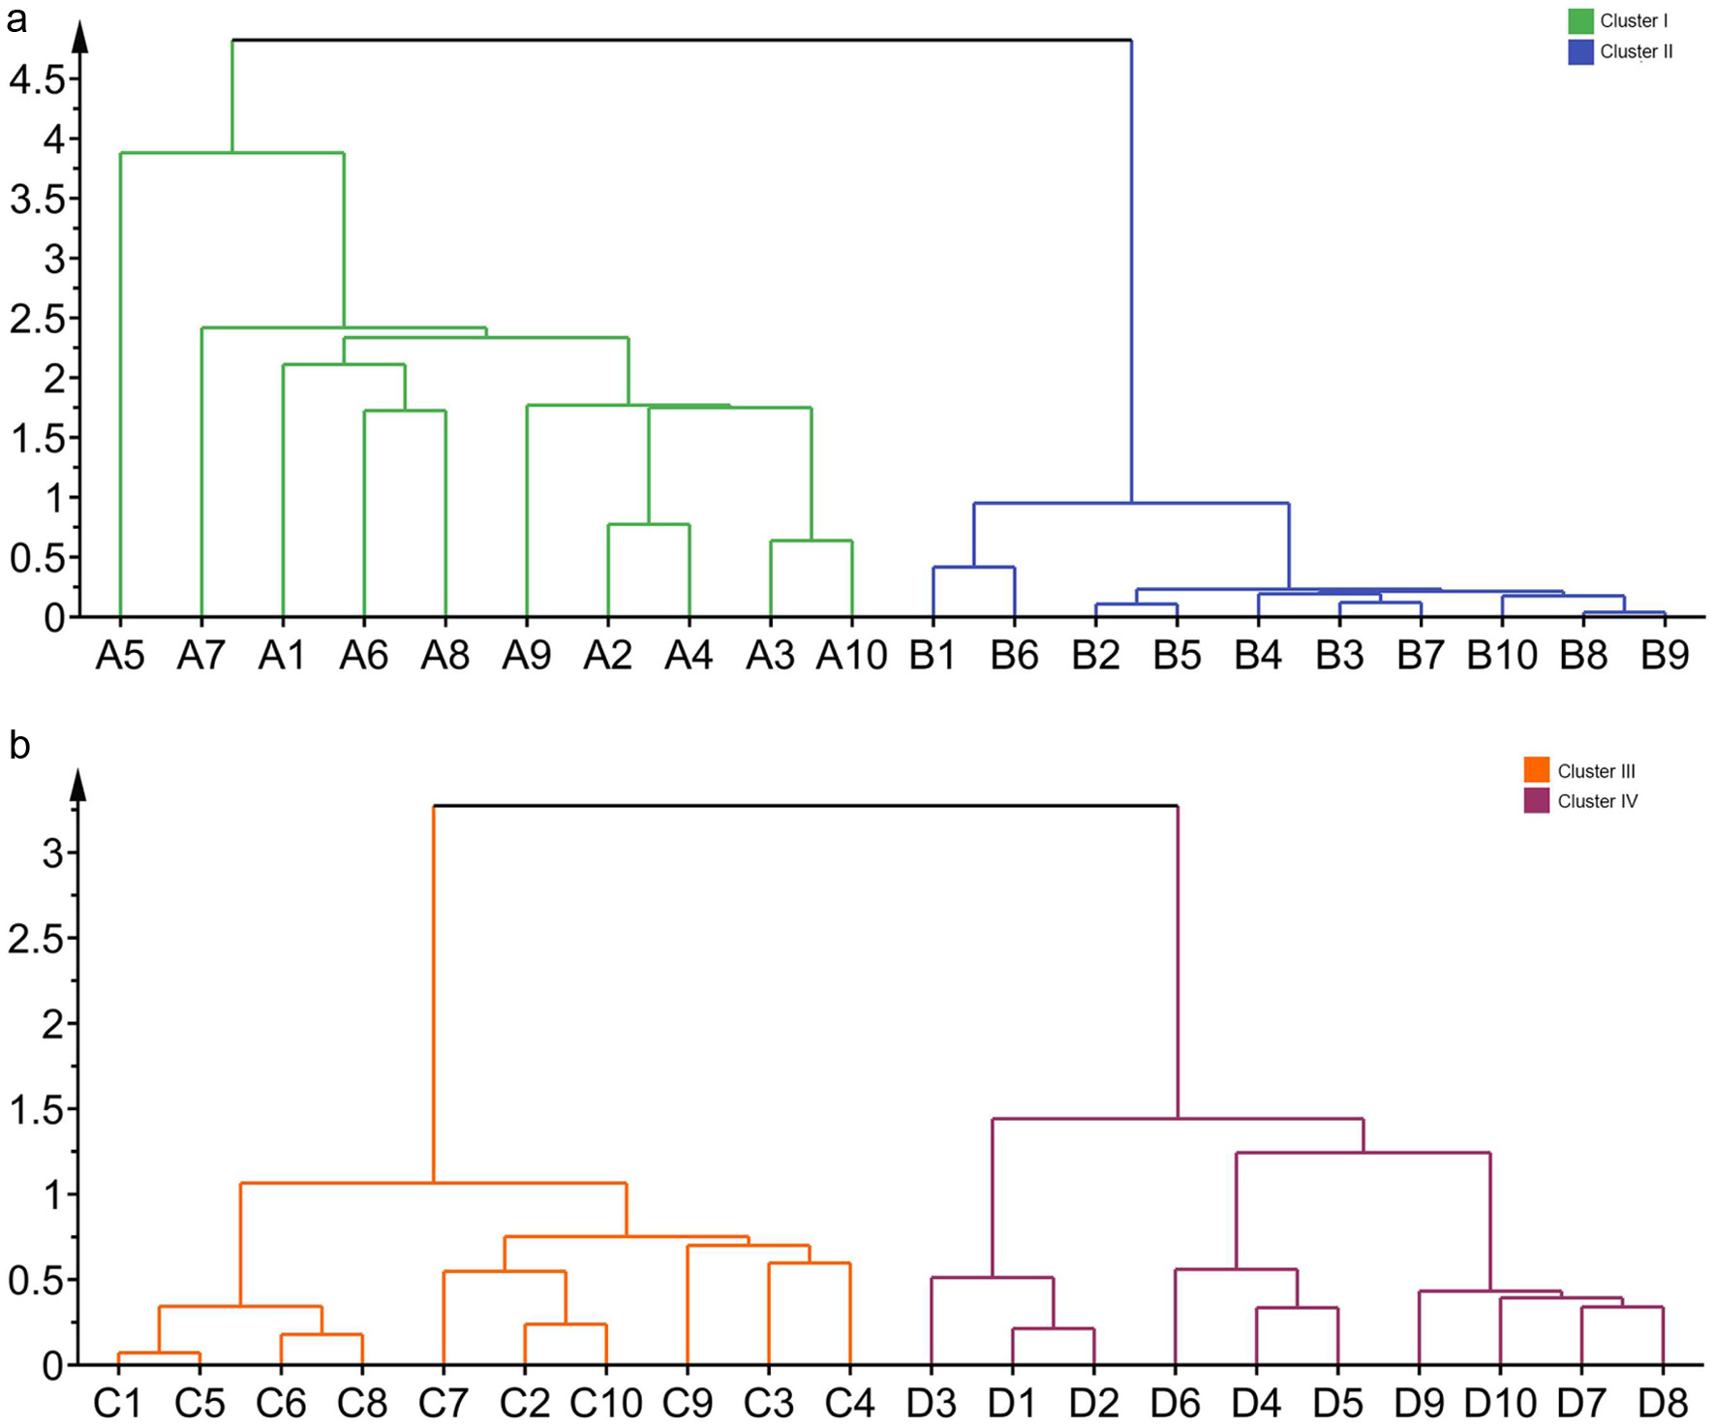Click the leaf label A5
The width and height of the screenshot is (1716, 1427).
coord(120,657)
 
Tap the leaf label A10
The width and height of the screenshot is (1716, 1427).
coord(851,657)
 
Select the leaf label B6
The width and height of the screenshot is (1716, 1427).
coord(1014,657)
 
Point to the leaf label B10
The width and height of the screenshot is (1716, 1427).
coord(1501,657)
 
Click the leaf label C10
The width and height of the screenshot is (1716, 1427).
coord(605,1403)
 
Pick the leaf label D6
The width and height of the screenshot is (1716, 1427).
coord(1175,1403)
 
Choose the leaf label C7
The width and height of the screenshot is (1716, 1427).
coord(443,1403)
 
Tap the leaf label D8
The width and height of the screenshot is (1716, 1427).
coord(1662,1403)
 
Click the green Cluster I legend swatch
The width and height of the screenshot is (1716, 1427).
coord(1580,21)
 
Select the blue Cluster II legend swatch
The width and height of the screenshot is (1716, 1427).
coord(1580,51)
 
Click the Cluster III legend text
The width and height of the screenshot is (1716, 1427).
coord(1596,771)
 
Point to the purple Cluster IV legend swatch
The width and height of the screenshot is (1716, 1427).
coord(1536,800)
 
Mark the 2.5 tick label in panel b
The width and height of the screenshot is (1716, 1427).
coord(37,939)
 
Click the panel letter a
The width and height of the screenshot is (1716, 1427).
coord(16,18)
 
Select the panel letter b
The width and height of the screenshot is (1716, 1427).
coord(18,745)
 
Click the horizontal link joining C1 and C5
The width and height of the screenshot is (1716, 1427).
coord(159,1352)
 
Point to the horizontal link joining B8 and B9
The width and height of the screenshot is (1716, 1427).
coord(1624,612)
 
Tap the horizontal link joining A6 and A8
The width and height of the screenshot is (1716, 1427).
coord(405,411)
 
